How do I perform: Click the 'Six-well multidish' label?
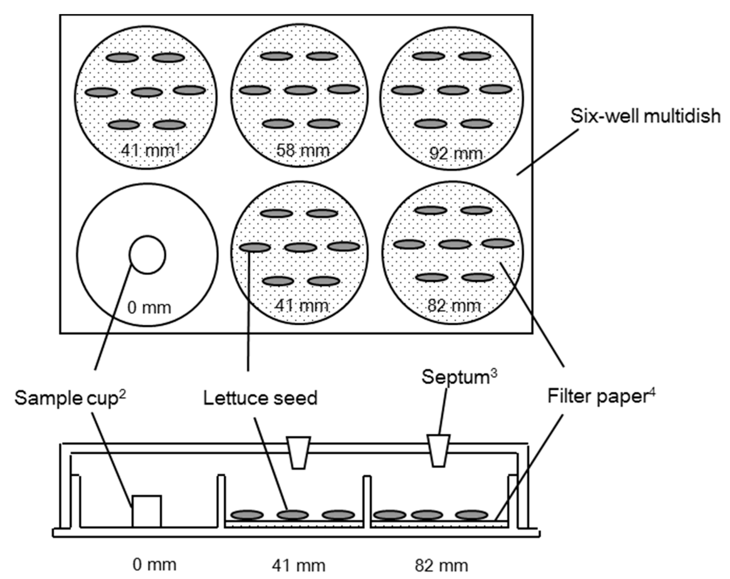pyautogui.click(x=645, y=116)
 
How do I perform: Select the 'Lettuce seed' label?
pyautogui.click(x=260, y=398)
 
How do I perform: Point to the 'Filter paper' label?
pyautogui.click(x=597, y=396)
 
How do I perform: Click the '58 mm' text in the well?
pyautogui.click(x=302, y=150)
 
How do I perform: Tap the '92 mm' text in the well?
pyautogui.click(x=456, y=154)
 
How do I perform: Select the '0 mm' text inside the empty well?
pyautogui.click(x=149, y=308)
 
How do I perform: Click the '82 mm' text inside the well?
pyautogui.click(x=454, y=306)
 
